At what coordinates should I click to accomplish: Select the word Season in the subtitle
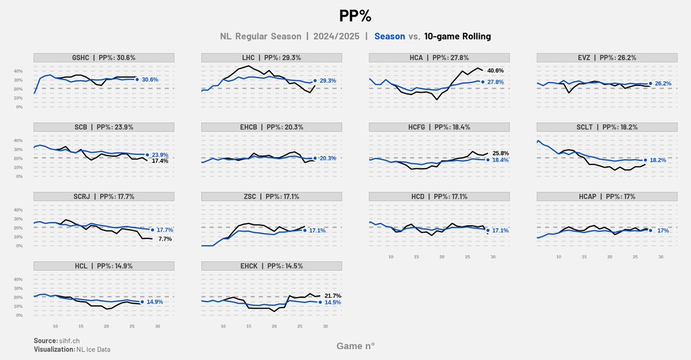389,36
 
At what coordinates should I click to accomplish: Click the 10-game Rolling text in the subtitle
457,36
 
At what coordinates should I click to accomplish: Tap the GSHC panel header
104,58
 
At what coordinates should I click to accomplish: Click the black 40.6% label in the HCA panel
495,71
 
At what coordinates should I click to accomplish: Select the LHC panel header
271,58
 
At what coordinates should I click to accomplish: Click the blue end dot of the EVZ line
650,84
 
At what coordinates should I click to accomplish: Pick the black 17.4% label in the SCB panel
160,161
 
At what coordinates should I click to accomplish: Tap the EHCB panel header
271,127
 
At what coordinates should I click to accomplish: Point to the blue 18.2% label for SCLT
657,160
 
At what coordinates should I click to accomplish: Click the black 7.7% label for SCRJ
165,238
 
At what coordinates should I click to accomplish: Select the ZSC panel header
271,196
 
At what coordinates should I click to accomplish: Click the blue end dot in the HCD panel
488,230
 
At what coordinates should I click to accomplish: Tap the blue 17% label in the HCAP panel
663,230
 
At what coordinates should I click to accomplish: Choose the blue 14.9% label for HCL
155,302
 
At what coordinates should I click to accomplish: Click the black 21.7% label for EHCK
332,295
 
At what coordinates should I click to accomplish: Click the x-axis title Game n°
355,346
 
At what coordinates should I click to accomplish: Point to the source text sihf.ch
69,341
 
